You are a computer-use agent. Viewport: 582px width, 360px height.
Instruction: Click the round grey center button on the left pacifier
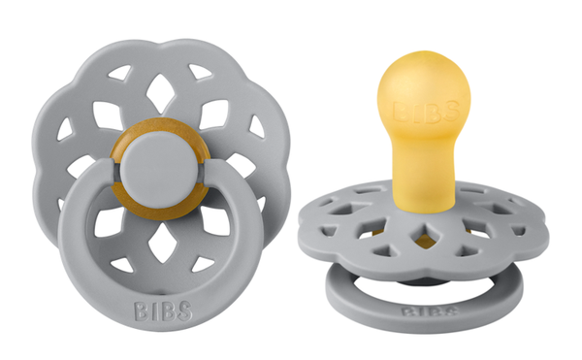[x=160, y=169]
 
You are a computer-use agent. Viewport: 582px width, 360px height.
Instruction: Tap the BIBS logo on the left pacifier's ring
[x=163, y=311]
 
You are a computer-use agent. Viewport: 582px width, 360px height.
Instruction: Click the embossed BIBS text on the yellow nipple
[x=426, y=112]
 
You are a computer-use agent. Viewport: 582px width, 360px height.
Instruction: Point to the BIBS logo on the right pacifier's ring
[x=429, y=311]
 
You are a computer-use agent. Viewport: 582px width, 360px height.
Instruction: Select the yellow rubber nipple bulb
[x=424, y=93]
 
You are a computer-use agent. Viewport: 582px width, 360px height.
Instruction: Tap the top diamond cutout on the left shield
[x=160, y=93]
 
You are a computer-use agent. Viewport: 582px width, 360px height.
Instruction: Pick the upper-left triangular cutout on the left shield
[x=120, y=73]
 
